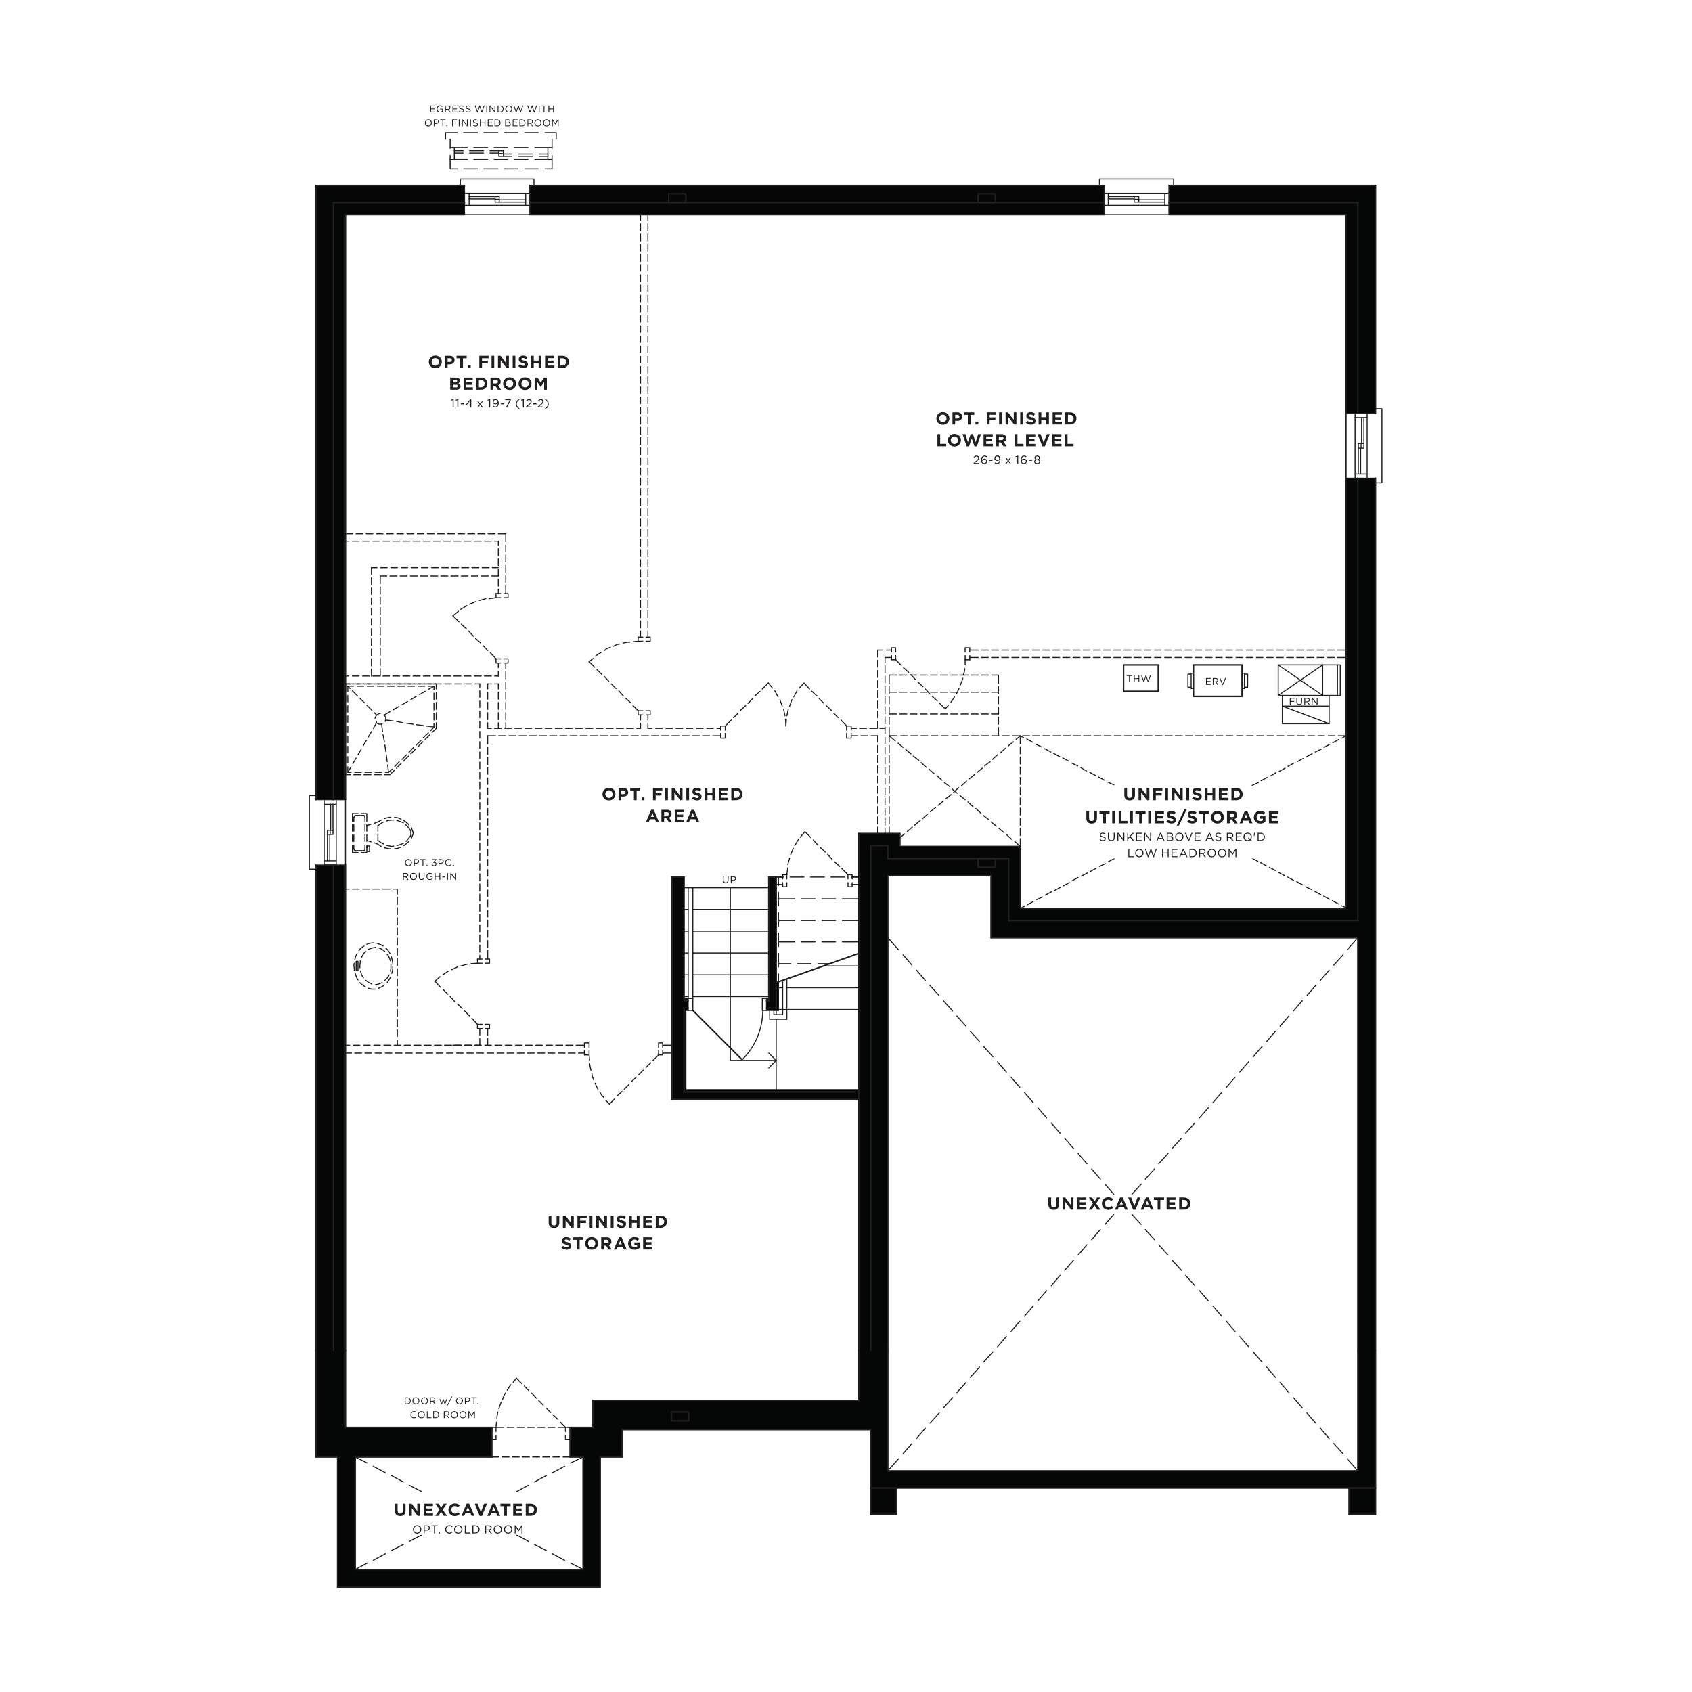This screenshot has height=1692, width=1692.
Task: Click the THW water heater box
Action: (x=1139, y=679)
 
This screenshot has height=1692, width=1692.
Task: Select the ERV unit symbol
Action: (x=1216, y=682)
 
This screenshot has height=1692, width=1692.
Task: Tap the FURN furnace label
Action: (x=1303, y=701)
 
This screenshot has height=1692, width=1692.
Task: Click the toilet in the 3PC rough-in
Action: (x=382, y=832)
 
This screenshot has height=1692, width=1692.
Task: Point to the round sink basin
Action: (x=374, y=966)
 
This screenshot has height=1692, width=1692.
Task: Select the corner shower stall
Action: (x=391, y=730)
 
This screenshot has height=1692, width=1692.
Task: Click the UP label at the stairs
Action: (x=729, y=879)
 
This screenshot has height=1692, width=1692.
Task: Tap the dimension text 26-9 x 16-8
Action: (x=1006, y=460)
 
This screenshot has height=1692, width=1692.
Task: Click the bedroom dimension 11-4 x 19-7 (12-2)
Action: (x=499, y=404)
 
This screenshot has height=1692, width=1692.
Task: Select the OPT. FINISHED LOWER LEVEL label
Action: (x=1006, y=429)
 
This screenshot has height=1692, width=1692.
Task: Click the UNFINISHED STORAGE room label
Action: (x=608, y=1232)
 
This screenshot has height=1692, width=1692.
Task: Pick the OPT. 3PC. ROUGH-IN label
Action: (x=429, y=870)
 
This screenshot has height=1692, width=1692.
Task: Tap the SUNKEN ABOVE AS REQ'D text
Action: (x=1182, y=837)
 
